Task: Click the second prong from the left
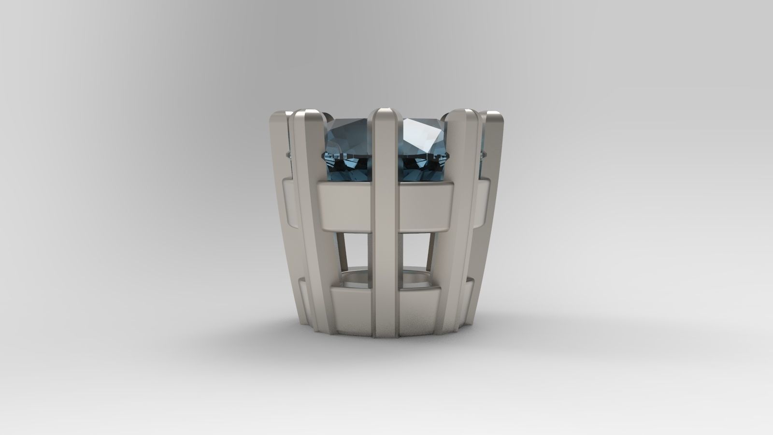309,217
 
